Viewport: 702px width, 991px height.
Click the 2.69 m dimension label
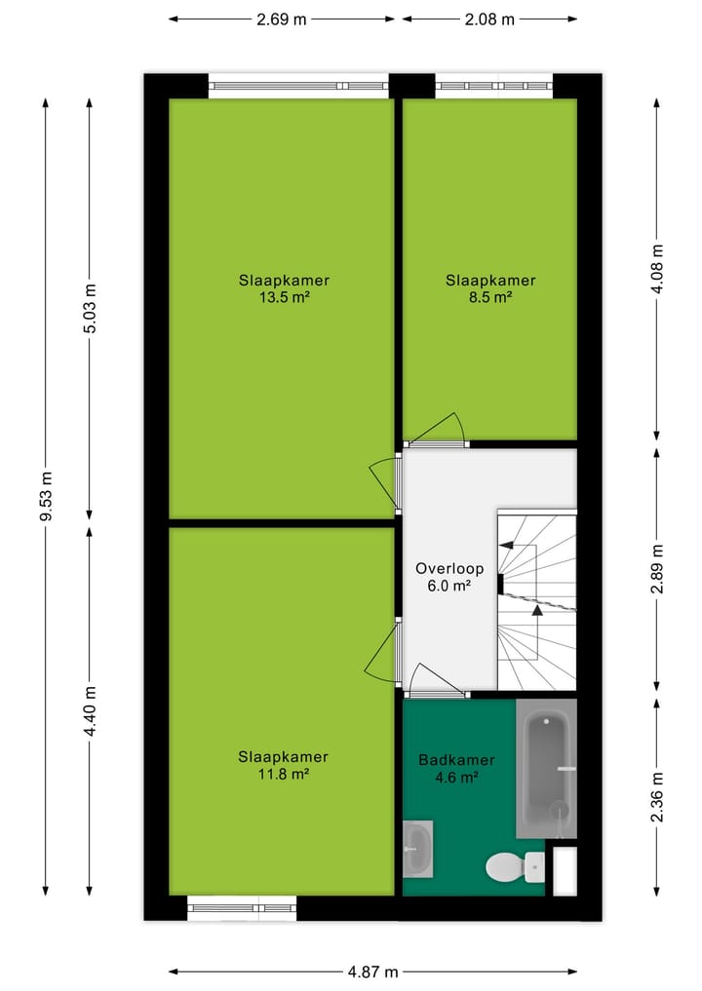click(282, 19)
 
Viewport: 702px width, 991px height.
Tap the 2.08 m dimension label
click(489, 19)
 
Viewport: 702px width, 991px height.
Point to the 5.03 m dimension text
click(91, 308)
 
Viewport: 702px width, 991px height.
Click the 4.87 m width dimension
click(372, 972)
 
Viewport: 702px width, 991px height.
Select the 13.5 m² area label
click(284, 298)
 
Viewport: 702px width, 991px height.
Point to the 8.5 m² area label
click(490, 298)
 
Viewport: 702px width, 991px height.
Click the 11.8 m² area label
click(284, 775)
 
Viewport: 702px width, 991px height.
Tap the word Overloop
click(443, 568)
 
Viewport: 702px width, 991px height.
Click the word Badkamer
click(456, 760)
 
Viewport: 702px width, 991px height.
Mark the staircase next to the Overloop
click(536, 599)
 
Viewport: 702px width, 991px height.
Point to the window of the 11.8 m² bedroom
click(241, 907)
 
